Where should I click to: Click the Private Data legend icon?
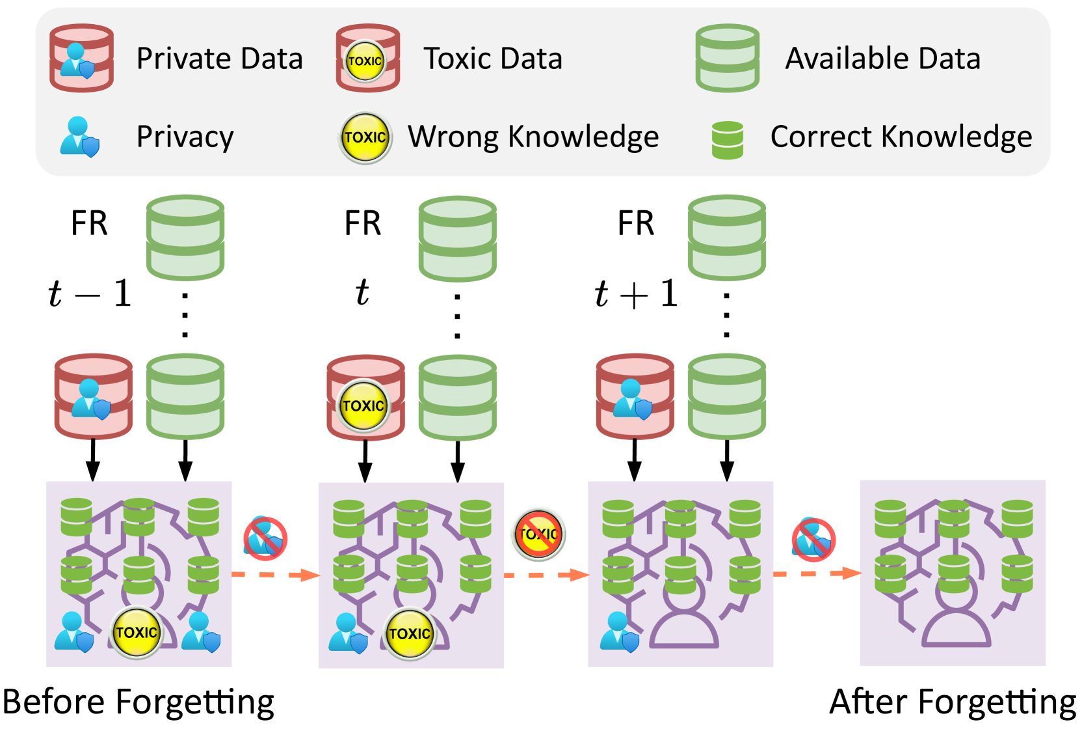click(x=82, y=58)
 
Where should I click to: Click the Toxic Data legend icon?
click(x=368, y=58)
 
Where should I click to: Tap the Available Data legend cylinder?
click(x=728, y=58)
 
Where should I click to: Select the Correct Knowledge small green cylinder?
click(x=728, y=140)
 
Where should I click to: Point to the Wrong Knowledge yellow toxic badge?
click(x=365, y=138)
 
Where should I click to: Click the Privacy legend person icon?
click(x=80, y=137)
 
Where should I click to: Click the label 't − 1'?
click(x=90, y=294)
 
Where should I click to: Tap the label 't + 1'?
click(x=636, y=294)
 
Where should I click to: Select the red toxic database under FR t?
click(x=365, y=398)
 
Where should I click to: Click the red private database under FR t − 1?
click(x=93, y=396)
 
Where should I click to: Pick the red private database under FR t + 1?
click(x=635, y=396)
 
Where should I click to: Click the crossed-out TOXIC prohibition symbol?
click(x=538, y=534)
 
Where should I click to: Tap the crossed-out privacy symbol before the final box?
click(x=814, y=540)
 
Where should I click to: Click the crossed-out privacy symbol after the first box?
click(x=265, y=538)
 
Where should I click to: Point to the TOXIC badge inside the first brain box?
click(x=137, y=632)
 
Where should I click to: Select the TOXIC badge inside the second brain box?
click(x=410, y=633)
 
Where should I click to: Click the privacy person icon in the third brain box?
click(x=620, y=632)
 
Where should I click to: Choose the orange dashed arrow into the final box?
click(x=817, y=574)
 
